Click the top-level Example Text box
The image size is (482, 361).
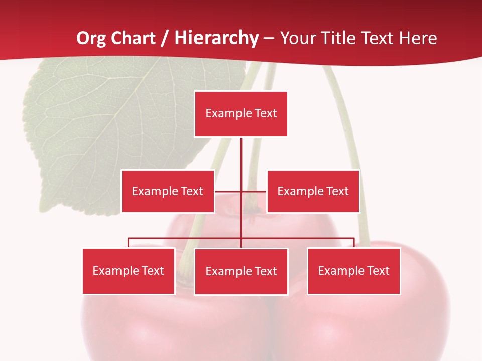coord(241,114)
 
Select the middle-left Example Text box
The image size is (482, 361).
coord(168,191)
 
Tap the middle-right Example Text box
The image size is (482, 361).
coord(313,191)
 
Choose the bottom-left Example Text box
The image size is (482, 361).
coord(129,271)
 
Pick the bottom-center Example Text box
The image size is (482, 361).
coord(241,271)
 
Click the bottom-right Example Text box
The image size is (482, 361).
coord(353,271)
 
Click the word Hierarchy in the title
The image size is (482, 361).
coord(216,38)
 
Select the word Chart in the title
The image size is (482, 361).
coord(133,38)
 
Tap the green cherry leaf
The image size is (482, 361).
coord(115,125)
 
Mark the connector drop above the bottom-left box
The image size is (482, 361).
coord(129,243)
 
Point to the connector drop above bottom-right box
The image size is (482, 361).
coord(354,243)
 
